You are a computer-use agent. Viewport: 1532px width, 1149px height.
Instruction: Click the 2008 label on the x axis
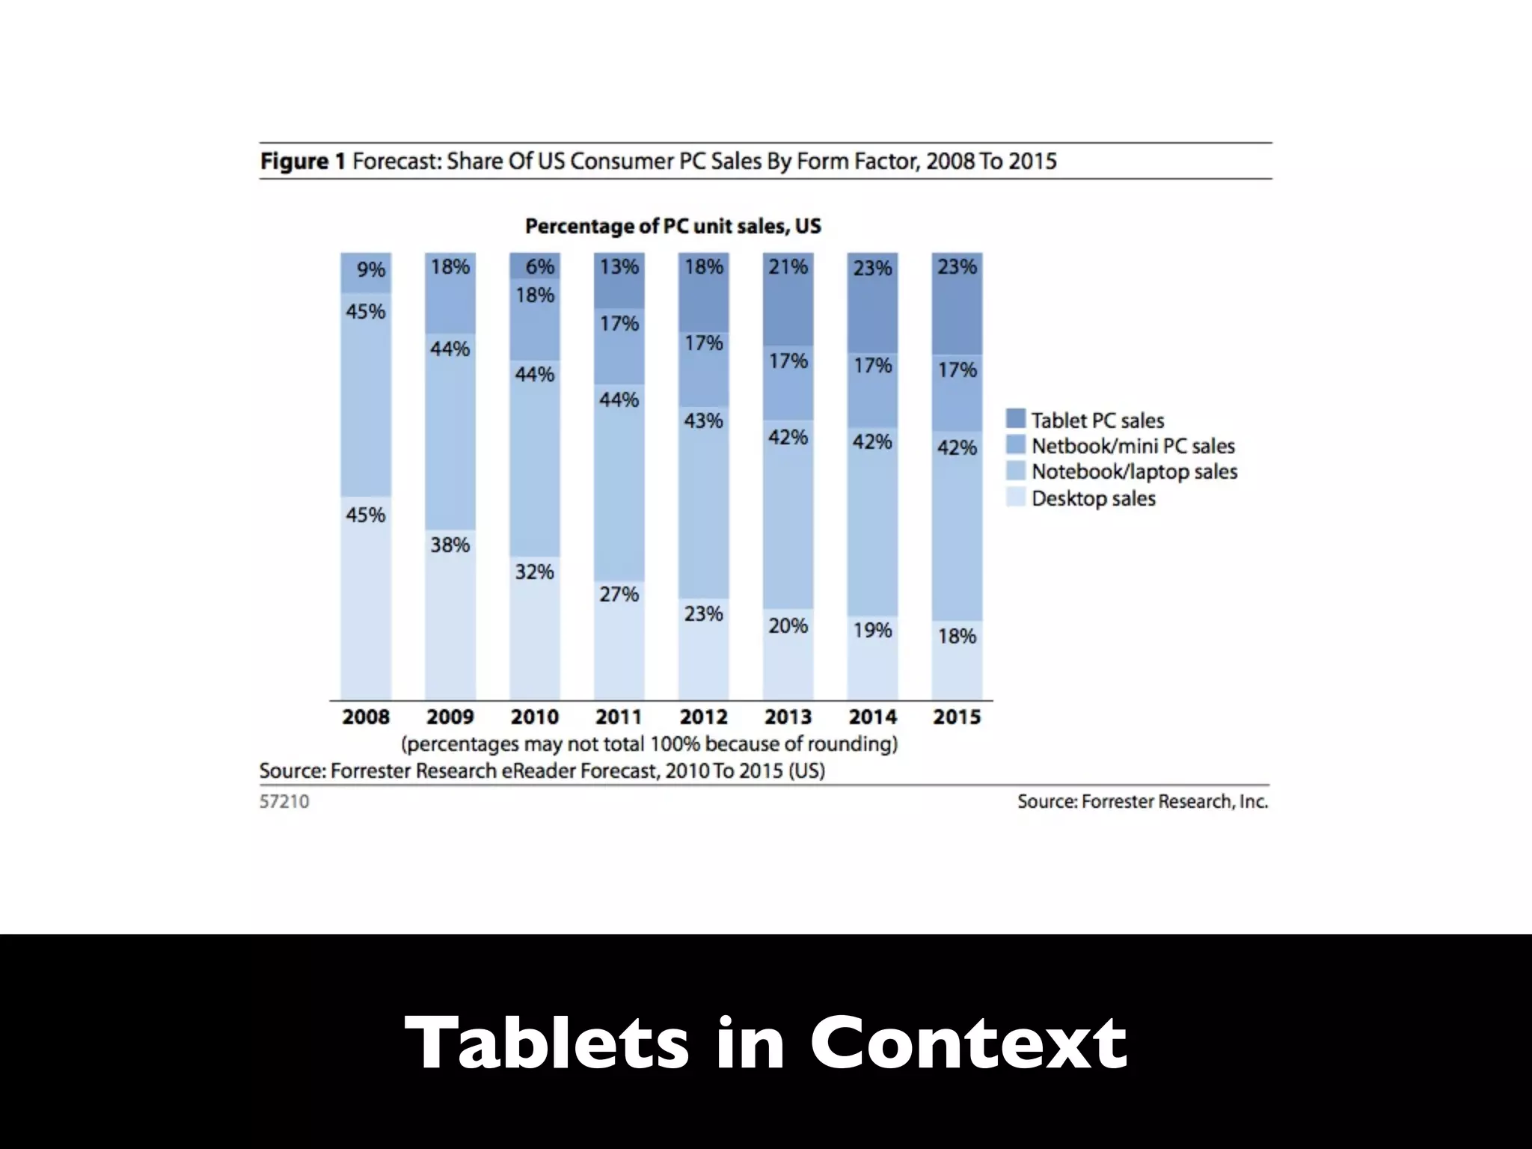(366, 717)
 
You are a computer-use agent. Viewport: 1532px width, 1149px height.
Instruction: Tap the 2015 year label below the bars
(957, 717)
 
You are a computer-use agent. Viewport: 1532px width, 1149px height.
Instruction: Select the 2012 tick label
(703, 717)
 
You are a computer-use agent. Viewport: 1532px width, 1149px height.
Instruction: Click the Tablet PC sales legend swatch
(1016, 419)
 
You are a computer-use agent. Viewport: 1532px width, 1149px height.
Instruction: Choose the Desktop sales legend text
(1093, 498)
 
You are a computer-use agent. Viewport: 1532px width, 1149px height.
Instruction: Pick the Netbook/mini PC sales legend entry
(1133, 446)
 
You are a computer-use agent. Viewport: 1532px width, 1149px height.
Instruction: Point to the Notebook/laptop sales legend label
(1134, 472)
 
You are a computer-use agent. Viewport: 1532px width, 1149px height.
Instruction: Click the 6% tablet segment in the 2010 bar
(535, 266)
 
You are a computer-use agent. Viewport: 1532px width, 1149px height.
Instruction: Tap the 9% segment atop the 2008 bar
(366, 272)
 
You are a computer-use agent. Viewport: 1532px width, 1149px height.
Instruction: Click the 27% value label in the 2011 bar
(619, 594)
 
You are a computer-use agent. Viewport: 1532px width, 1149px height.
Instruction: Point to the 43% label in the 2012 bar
(703, 420)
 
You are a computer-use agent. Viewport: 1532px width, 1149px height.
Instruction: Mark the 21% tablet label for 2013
(788, 267)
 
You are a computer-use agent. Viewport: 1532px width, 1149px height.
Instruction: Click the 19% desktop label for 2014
(872, 630)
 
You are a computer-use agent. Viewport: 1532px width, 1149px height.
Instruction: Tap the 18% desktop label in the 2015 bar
(957, 636)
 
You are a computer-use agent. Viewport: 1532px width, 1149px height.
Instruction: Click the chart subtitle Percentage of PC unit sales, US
(672, 226)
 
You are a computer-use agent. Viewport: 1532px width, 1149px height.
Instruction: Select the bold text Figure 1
(302, 162)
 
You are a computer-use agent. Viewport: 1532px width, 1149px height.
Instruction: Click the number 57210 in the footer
(284, 801)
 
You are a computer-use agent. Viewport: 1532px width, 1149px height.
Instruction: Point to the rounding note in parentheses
(649, 744)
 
